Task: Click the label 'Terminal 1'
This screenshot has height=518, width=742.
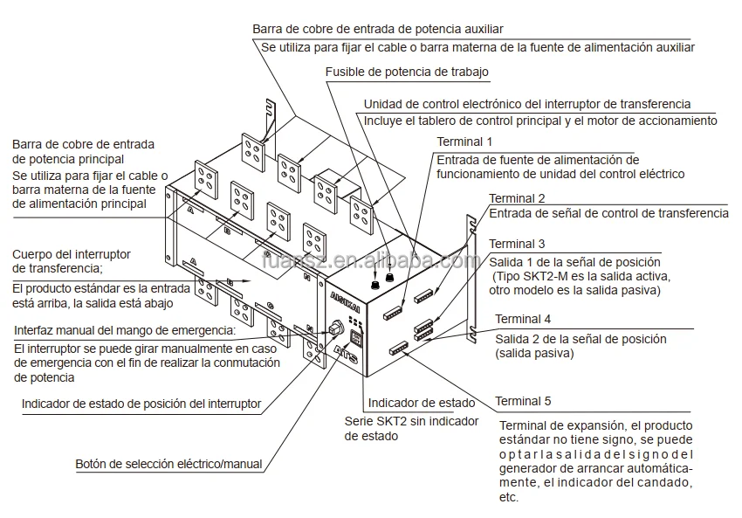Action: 464,141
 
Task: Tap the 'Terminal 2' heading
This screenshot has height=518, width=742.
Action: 517,198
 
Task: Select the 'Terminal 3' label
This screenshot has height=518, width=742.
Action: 517,244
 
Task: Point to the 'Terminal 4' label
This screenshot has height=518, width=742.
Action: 523,319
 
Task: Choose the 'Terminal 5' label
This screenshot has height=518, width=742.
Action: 523,401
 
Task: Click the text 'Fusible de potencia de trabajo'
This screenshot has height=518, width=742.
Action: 407,72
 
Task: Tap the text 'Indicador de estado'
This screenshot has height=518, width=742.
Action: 422,403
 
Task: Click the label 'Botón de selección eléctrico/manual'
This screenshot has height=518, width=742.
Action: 168,464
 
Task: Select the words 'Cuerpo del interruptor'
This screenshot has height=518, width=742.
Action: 72,253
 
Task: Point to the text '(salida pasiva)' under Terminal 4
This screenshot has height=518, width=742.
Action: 534,354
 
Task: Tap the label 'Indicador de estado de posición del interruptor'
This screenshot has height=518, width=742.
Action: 141,404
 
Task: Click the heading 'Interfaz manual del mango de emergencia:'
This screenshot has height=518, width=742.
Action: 125,330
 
